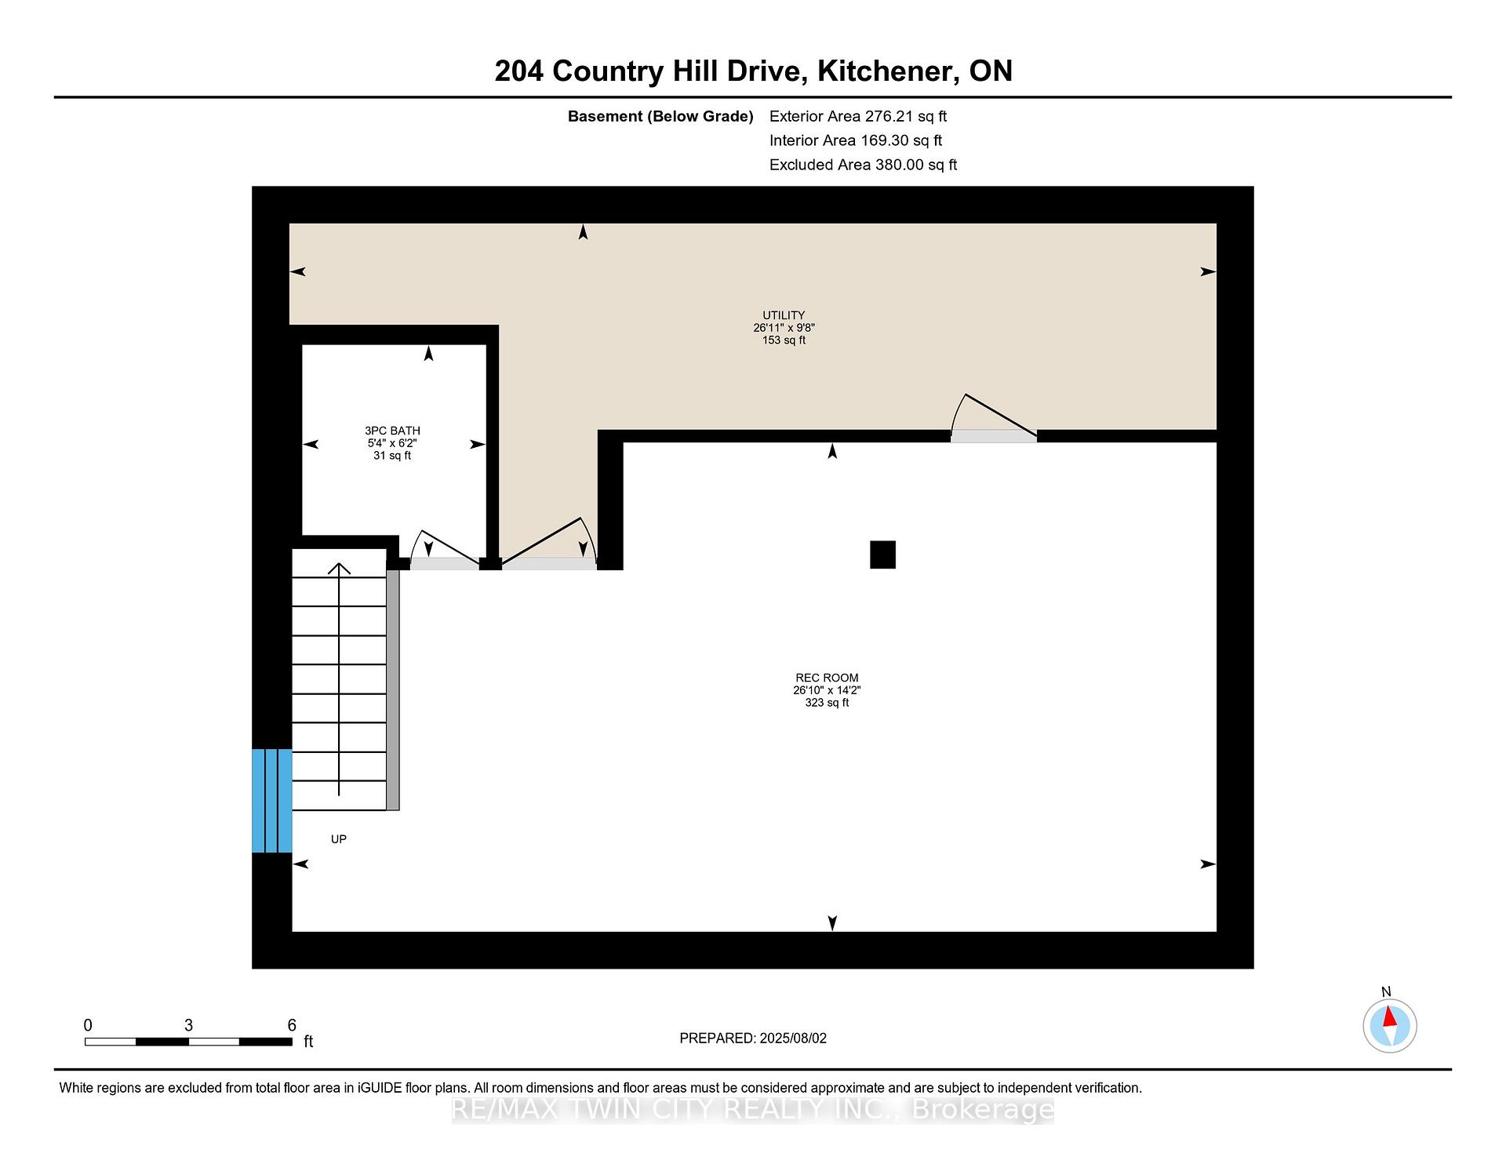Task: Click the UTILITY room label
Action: click(784, 315)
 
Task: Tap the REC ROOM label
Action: click(827, 678)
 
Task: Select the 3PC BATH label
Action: click(392, 431)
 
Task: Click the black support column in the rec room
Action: click(882, 555)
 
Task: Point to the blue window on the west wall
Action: click(271, 801)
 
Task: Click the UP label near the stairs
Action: click(339, 839)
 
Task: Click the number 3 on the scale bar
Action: click(188, 1025)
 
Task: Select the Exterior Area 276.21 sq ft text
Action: click(858, 116)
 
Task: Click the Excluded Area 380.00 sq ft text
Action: click(863, 165)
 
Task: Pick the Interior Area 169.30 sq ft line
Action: click(856, 140)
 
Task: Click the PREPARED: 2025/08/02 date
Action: click(753, 1038)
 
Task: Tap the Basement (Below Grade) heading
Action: click(660, 116)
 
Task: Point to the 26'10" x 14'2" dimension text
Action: click(827, 690)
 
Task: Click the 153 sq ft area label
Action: click(784, 340)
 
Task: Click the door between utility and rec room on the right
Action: click(994, 418)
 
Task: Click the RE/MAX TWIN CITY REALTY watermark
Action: click(753, 1109)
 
